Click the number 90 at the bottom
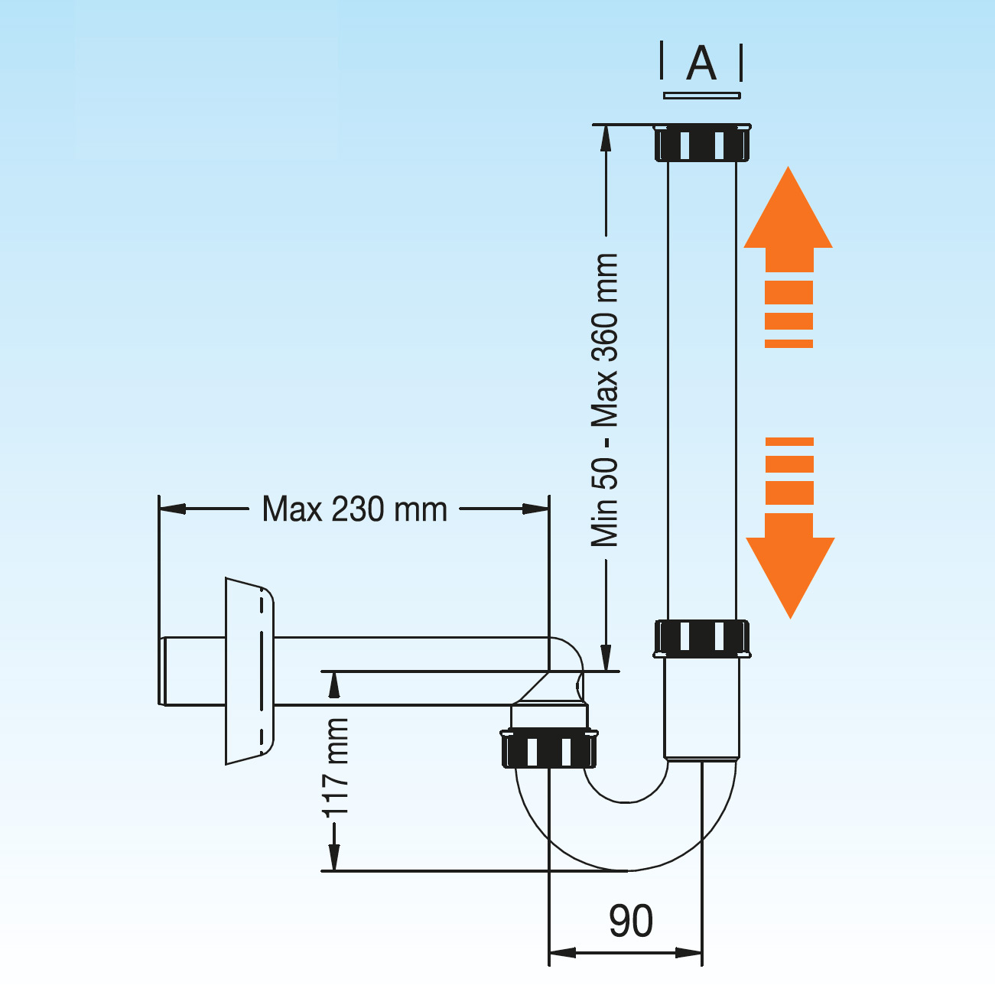pos(631,921)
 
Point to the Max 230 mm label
pos(354,509)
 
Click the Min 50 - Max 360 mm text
pos(604,399)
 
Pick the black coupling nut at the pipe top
pos(702,142)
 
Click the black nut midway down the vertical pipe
pos(702,638)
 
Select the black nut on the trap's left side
pos(549,750)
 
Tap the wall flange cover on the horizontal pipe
pos(249,671)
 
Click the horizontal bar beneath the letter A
pos(701,96)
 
